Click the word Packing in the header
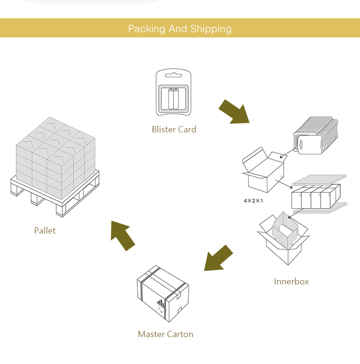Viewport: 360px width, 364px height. point(146,29)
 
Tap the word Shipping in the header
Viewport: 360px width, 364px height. point(211,29)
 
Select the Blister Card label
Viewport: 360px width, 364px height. point(174,129)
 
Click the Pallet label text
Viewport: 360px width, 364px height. point(45,231)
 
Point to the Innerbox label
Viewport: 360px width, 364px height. point(291,282)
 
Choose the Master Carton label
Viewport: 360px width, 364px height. point(166,334)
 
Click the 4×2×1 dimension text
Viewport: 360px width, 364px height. point(253,200)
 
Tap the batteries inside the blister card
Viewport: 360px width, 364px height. point(173,99)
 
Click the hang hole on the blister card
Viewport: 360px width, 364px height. point(173,75)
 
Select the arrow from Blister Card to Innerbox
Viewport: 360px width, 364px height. point(234,112)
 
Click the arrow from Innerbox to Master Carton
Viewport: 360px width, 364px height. point(218,258)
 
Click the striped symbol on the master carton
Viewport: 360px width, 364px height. point(160,304)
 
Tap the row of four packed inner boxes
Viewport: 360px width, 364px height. point(315,197)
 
